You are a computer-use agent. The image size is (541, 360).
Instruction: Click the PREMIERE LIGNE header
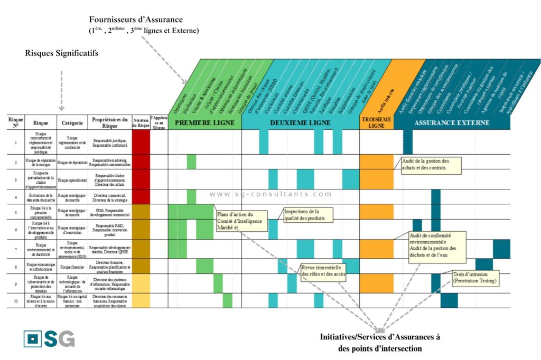(x=204, y=122)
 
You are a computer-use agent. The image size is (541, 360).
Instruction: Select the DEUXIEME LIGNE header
(x=300, y=122)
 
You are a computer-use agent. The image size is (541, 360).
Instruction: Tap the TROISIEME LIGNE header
(x=376, y=122)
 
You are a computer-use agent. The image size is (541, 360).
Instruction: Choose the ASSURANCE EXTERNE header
(x=452, y=122)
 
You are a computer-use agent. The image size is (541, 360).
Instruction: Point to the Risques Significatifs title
(x=61, y=53)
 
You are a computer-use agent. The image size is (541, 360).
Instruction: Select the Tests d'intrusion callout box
(x=475, y=278)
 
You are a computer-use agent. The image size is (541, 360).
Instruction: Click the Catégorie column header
(x=72, y=122)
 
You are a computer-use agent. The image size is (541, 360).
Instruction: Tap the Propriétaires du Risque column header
(x=109, y=122)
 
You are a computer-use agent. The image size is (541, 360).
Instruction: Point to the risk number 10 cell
(x=16, y=301)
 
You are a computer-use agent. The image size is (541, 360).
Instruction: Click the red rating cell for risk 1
(x=141, y=142)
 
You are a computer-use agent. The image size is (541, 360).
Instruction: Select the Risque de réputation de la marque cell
(x=41, y=162)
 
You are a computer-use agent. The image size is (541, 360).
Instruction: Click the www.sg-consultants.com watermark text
(x=270, y=194)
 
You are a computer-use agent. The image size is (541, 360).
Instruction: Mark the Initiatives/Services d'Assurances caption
(x=380, y=343)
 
